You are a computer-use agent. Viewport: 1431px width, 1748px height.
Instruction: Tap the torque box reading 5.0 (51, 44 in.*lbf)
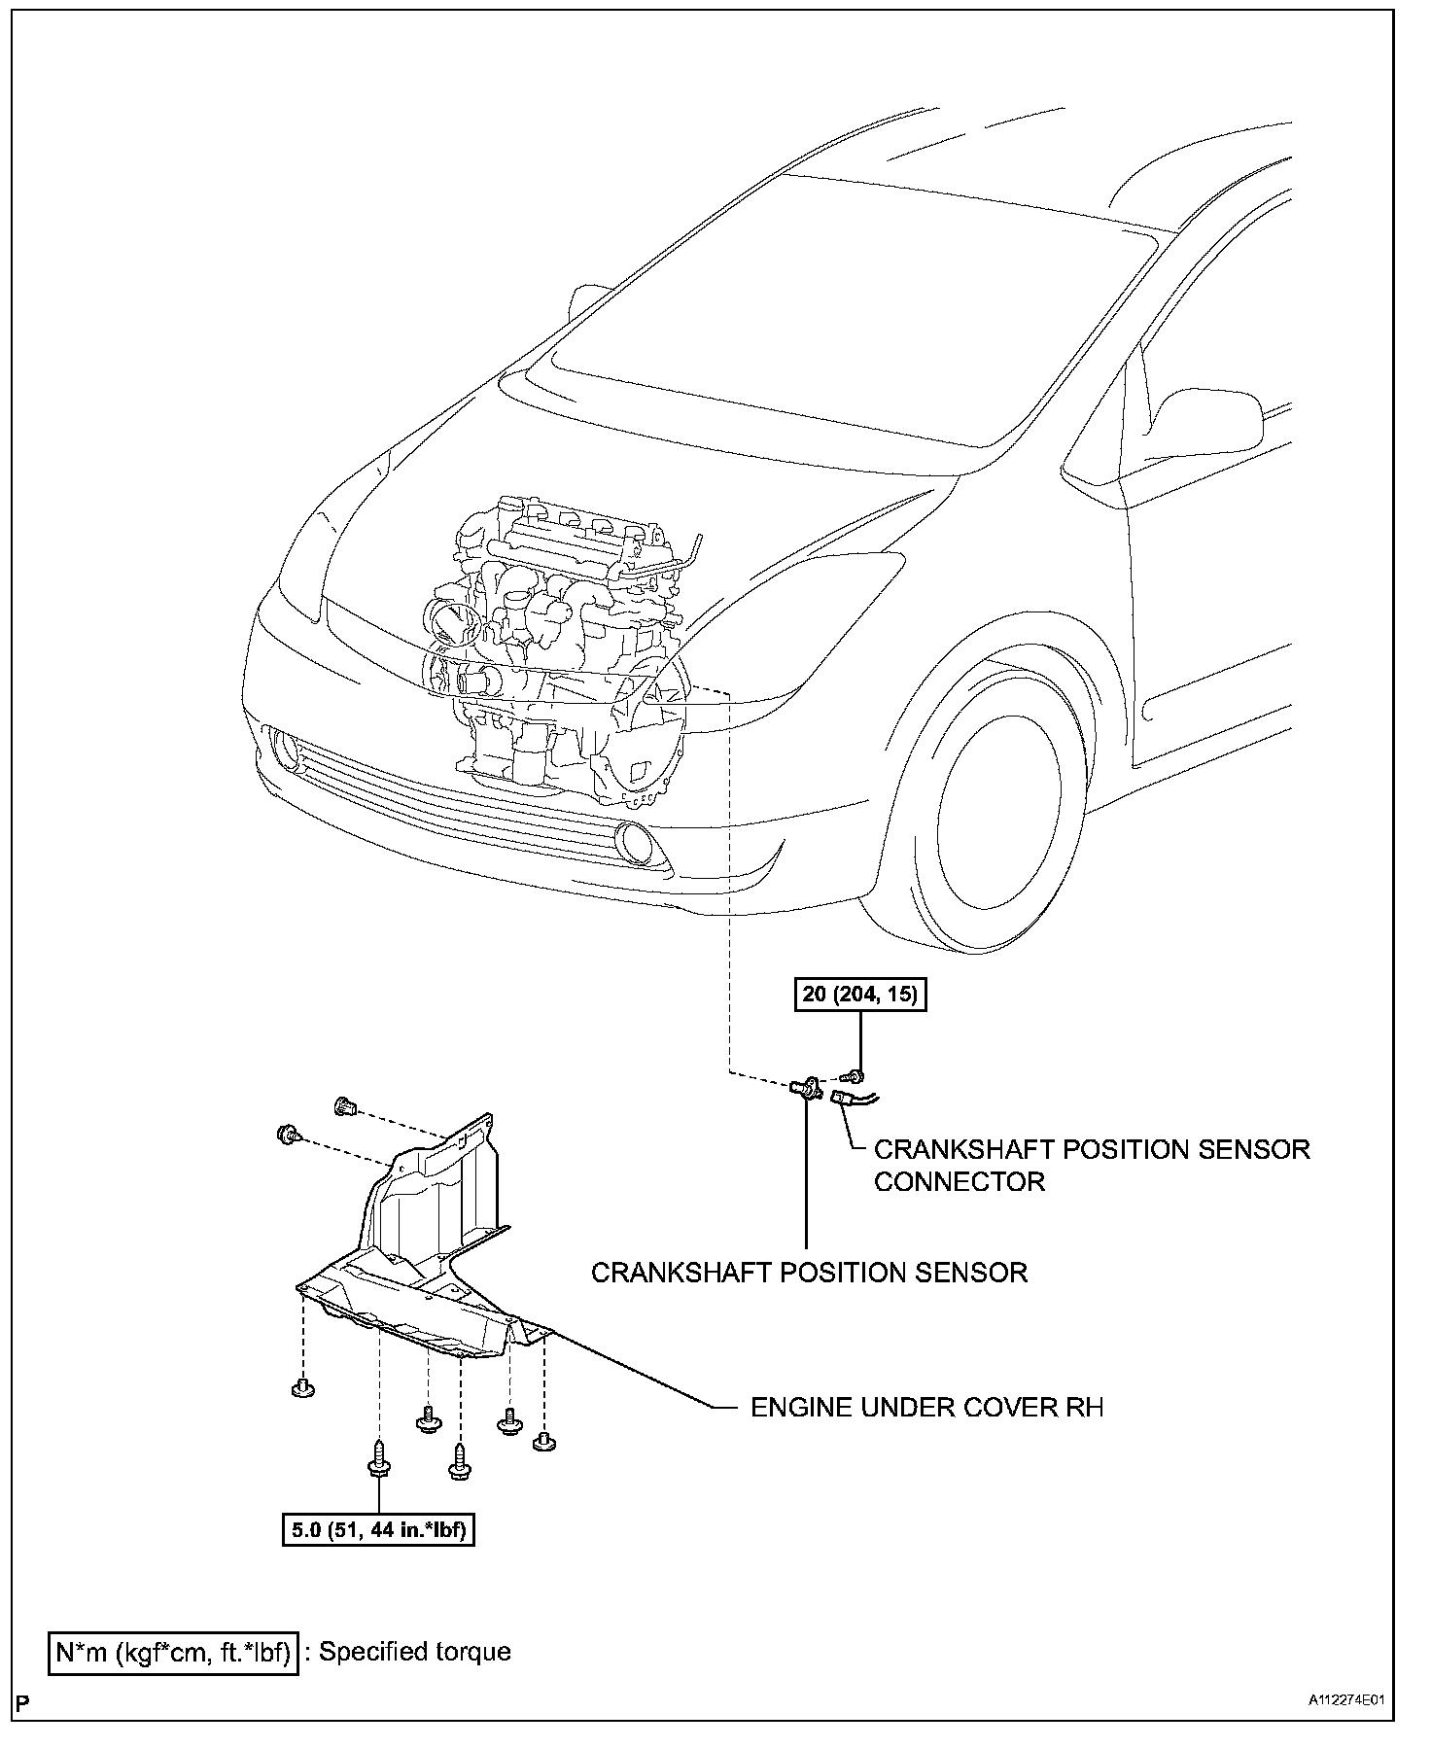(x=378, y=1530)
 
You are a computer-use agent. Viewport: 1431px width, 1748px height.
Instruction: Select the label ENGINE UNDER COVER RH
(x=926, y=1407)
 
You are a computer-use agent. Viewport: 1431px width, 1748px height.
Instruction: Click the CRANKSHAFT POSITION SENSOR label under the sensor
(x=809, y=1272)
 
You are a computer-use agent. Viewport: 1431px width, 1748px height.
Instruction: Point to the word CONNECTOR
(x=959, y=1181)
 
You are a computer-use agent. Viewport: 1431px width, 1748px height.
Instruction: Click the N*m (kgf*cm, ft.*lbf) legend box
(x=172, y=1651)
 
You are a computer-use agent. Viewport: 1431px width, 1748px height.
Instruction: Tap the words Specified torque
(x=414, y=1651)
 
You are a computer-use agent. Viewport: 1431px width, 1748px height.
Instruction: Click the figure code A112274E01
(x=1344, y=1700)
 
